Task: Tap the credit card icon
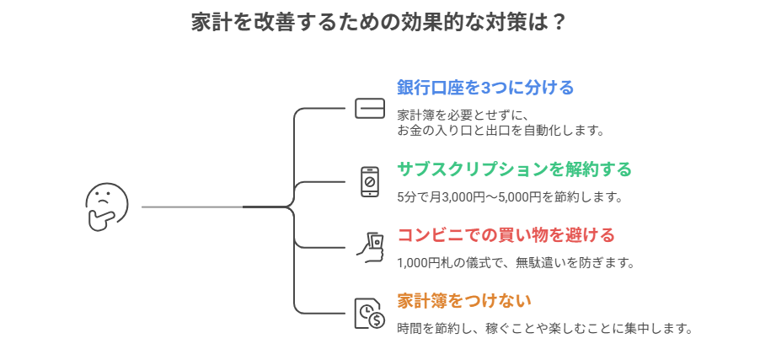pyautogui.click(x=369, y=109)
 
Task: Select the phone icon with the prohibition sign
pyautogui.click(x=369, y=181)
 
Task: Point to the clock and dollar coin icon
pyautogui.click(x=369, y=314)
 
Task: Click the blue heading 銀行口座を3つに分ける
pyautogui.click(x=485, y=88)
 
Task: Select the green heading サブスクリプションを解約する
pyautogui.click(x=514, y=169)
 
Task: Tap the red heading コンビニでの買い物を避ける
pyautogui.click(x=506, y=234)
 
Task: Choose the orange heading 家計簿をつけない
pyautogui.click(x=464, y=300)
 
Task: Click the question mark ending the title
pyautogui.click(x=558, y=23)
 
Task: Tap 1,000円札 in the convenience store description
pyautogui.click(x=427, y=263)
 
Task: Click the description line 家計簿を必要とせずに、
pyautogui.click(x=463, y=116)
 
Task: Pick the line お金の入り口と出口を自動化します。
pyautogui.click(x=501, y=131)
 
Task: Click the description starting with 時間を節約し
pyautogui.click(x=544, y=328)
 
